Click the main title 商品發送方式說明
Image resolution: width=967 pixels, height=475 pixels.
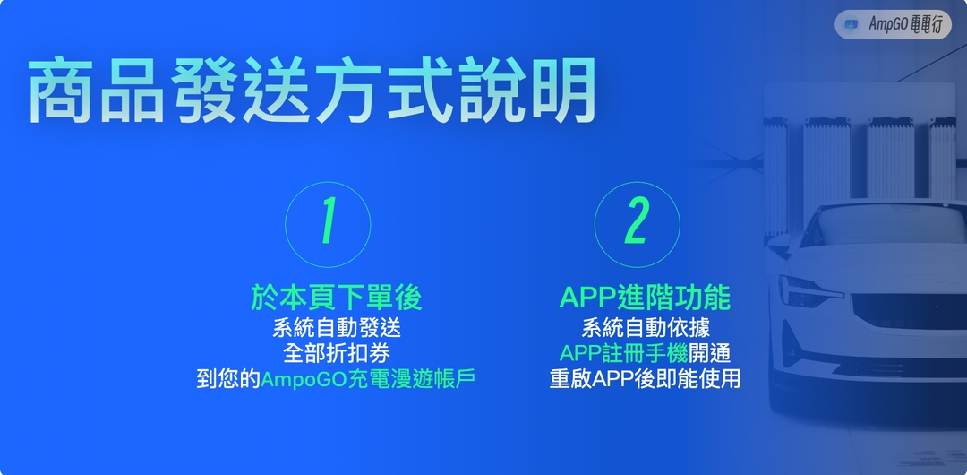pyautogui.click(x=312, y=91)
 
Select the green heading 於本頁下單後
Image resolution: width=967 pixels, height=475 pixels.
pyautogui.click(x=336, y=297)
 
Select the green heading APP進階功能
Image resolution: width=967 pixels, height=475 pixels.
pyautogui.click(x=645, y=297)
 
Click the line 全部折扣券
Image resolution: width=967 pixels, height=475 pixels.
pyautogui.click(x=336, y=352)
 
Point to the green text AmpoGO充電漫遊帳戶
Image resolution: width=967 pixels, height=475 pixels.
pyautogui.click(x=368, y=379)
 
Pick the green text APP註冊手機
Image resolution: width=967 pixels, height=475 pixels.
pyautogui.click(x=624, y=352)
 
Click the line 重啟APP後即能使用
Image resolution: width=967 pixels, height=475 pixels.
pyautogui.click(x=645, y=379)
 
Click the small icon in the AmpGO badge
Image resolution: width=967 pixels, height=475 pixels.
pyautogui.click(x=851, y=24)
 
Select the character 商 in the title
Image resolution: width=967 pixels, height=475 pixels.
pyautogui.click(x=62, y=91)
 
